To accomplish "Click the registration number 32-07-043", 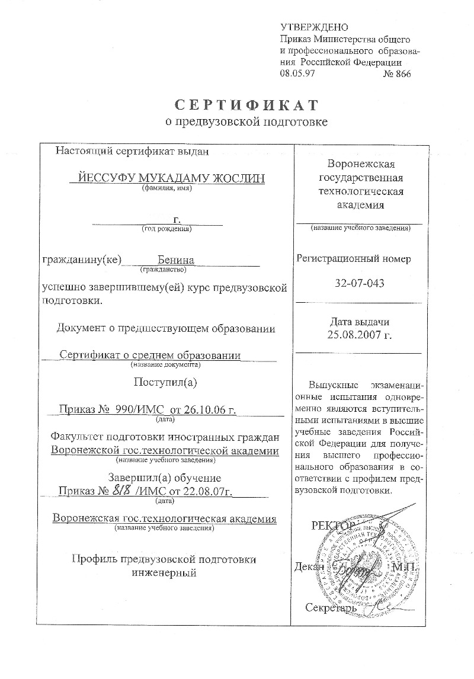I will [x=360, y=283].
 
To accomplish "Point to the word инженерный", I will [x=164, y=572].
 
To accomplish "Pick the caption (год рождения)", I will [x=166, y=229].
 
